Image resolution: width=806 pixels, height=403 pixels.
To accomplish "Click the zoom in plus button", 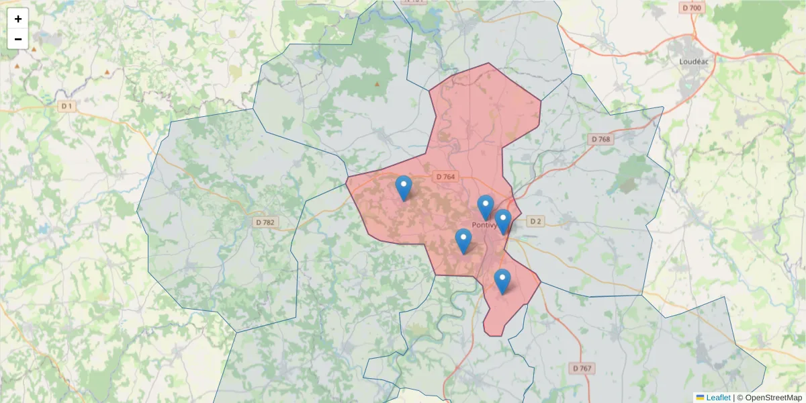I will click(18, 19).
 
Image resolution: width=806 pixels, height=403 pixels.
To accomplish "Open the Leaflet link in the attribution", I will click(718, 398).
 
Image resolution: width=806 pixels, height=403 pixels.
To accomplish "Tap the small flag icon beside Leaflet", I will click(700, 398).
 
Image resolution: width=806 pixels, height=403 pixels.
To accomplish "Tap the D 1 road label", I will click(66, 106).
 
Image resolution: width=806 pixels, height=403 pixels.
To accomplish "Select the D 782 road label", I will click(266, 222).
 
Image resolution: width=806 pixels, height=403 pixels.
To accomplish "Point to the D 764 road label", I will click(445, 177).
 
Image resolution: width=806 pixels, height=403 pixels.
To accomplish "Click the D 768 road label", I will click(601, 139).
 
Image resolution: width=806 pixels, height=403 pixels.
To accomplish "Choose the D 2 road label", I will click(535, 221).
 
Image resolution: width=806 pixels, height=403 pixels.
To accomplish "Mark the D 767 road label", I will click(583, 368).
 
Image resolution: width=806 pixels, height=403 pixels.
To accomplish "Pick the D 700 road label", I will click(692, 8).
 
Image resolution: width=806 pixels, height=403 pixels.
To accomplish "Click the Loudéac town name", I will click(695, 60).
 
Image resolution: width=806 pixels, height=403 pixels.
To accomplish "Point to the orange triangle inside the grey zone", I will click(377, 84).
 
